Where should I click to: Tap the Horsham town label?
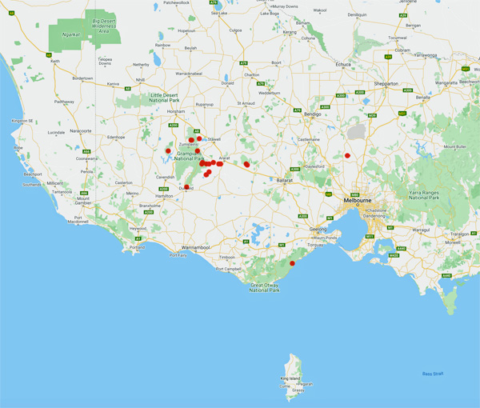(176, 111)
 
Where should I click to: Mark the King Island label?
(290, 377)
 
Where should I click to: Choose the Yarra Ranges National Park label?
(422, 195)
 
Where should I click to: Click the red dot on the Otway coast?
(292, 263)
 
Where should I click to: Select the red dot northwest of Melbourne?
(348, 155)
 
